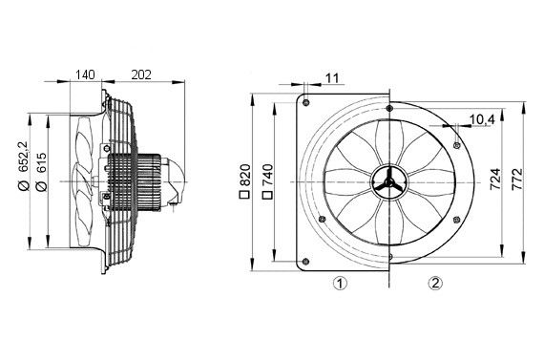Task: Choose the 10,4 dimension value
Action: click(482, 118)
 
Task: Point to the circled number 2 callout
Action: click(435, 283)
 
